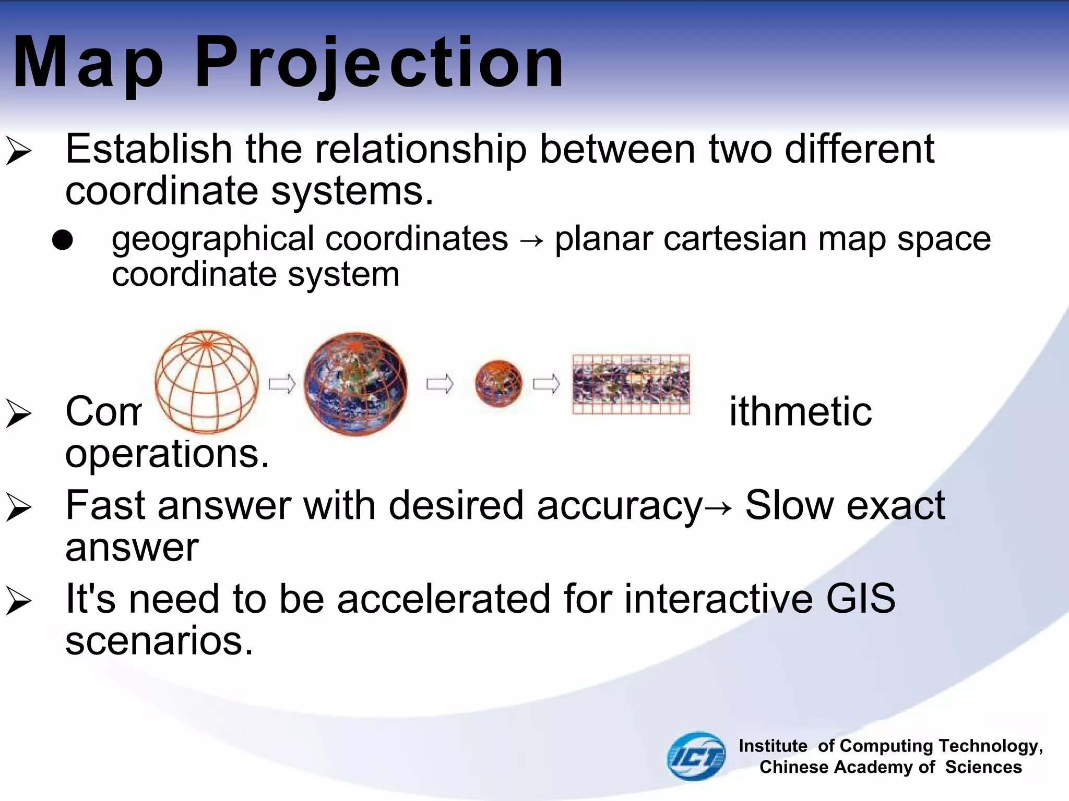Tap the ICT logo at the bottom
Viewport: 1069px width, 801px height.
pyautogui.click(x=696, y=756)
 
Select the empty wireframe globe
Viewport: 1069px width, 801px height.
pyautogui.click(x=207, y=382)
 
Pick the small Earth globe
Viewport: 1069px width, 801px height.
pyautogui.click(x=498, y=383)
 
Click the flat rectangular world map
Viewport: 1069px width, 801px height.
pyautogui.click(x=631, y=384)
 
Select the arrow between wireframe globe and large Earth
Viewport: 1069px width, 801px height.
pyautogui.click(x=282, y=385)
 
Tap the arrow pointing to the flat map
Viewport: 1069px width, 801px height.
pyautogui.click(x=546, y=385)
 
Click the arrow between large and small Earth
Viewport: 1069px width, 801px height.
pyautogui.click(x=440, y=385)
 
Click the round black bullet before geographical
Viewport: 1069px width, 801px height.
pyautogui.click(x=63, y=240)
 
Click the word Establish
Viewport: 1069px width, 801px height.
pyautogui.click(x=149, y=150)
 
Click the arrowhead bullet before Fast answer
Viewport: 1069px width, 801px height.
pyautogui.click(x=19, y=507)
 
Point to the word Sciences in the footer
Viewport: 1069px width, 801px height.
pyautogui.click(x=983, y=767)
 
